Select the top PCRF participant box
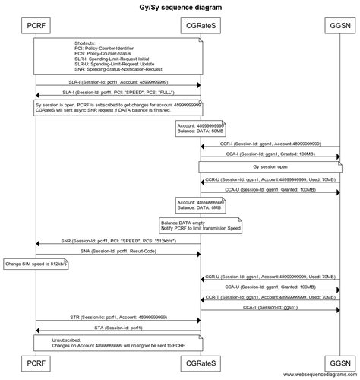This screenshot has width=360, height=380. click(x=35, y=26)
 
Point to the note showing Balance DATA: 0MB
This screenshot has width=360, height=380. click(x=201, y=204)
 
